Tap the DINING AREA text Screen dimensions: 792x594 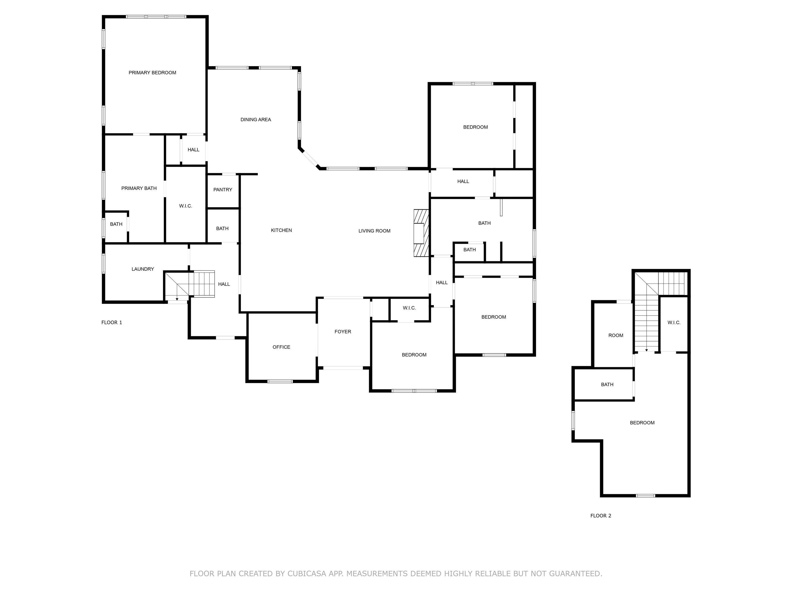coord(256,120)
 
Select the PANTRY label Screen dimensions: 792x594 coord(223,190)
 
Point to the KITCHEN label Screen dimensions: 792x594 coord(282,230)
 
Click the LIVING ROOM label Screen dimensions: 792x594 coord(375,231)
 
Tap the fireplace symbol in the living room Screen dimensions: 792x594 coord(421,233)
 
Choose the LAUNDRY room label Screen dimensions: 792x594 coord(143,269)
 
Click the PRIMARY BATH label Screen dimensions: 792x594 coord(139,188)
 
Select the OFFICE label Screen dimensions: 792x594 coord(282,347)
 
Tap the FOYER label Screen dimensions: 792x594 coord(343,332)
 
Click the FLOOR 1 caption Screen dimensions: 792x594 coord(112,323)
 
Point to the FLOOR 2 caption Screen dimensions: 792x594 coord(601,516)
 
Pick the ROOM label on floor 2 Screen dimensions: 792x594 coord(616,335)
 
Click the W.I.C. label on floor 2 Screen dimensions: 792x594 coord(674,323)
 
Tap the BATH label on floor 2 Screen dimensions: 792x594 coord(607,385)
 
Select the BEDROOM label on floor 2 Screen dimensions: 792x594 coord(642,423)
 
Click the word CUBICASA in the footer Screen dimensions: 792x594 coord(307,574)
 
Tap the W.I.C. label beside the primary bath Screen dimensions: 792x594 coord(185,206)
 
